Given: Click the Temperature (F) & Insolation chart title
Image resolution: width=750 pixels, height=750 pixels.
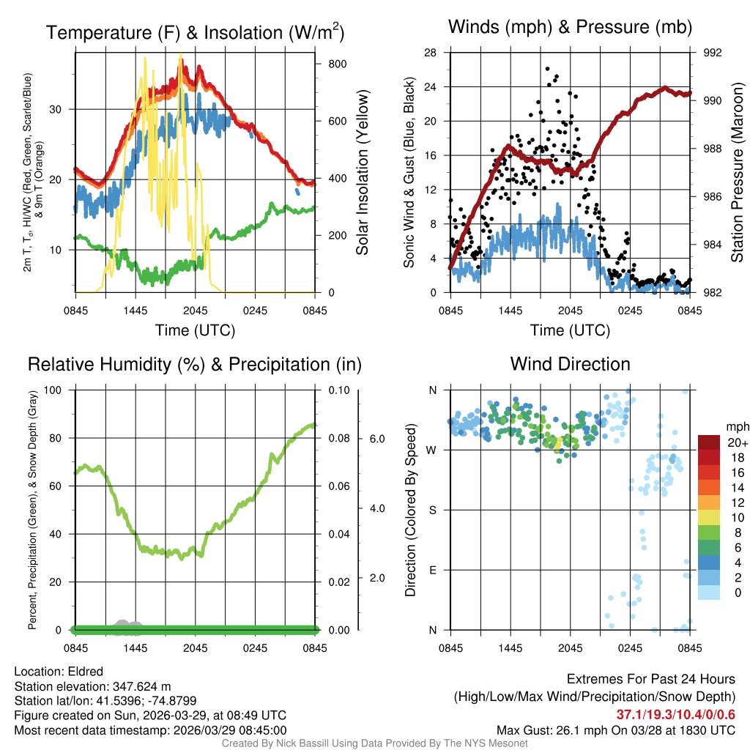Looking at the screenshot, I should click(195, 32).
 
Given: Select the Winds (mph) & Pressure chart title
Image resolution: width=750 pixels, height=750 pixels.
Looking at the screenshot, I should click(570, 28).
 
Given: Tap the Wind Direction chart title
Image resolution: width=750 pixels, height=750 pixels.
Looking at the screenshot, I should click(570, 364).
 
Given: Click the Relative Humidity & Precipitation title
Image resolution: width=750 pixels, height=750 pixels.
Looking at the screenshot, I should click(195, 364).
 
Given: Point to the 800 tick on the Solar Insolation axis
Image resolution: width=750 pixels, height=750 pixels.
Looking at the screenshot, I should click(338, 64).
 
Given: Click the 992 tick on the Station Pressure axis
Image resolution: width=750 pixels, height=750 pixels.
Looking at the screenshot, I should click(713, 53).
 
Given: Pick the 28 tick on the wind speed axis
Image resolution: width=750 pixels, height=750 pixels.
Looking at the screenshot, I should click(431, 53).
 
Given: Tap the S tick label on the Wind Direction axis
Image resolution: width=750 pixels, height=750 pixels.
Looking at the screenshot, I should click(433, 510).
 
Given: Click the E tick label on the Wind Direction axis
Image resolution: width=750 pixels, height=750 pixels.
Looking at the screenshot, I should click(433, 570).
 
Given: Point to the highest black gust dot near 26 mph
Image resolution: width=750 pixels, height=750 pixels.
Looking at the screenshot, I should click(547, 68).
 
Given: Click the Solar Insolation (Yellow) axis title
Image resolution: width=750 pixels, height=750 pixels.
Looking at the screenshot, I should click(362, 173).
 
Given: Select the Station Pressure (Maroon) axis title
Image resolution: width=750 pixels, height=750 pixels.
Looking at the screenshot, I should click(737, 173).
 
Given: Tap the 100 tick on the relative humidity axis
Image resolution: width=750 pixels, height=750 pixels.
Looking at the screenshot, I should click(56, 390).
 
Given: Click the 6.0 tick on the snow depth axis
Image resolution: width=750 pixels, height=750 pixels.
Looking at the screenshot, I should click(376, 439).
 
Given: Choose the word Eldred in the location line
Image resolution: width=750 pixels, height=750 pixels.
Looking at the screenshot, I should click(84, 672).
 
